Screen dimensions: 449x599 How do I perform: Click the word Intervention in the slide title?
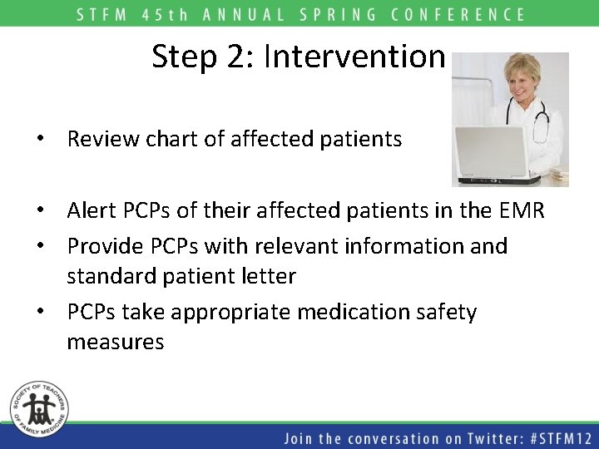pos(354,57)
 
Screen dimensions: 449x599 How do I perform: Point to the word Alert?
pos(92,211)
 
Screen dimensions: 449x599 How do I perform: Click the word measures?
pos(116,342)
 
